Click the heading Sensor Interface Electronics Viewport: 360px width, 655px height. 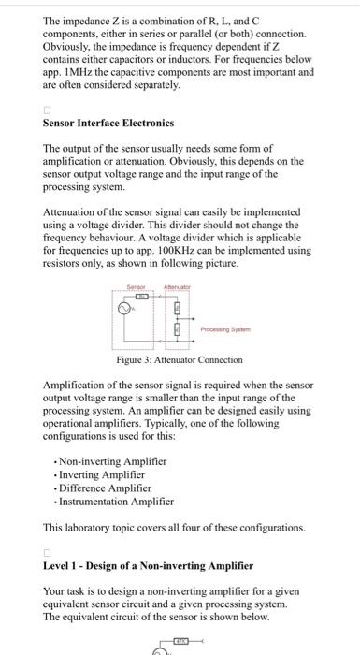(108, 123)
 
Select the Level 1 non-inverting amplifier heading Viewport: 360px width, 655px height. (148, 566)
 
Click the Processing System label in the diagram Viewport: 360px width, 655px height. (228, 327)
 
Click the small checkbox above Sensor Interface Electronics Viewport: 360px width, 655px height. (47, 109)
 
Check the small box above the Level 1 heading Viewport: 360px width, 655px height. (47, 552)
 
